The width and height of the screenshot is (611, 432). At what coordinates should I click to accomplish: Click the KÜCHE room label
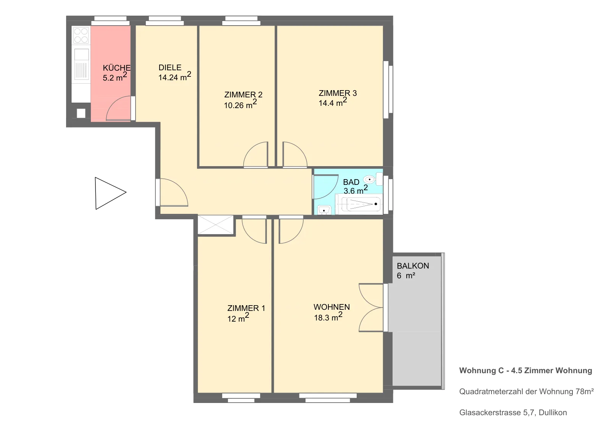point(116,68)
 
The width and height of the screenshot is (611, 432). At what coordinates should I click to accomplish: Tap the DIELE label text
point(170,67)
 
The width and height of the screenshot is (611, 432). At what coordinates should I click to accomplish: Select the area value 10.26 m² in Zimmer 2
point(240,104)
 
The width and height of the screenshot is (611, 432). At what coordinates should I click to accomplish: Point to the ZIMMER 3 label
point(338,93)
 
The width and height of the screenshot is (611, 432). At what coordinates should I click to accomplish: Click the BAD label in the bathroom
point(351,182)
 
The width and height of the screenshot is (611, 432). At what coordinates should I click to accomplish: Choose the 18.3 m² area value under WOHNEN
point(328,317)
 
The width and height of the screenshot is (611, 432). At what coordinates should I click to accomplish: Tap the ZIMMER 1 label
point(246,308)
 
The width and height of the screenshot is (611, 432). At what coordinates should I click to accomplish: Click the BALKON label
point(413,266)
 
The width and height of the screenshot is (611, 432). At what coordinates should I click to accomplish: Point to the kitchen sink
point(81,64)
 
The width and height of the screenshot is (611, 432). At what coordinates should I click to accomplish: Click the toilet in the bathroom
point(373,179)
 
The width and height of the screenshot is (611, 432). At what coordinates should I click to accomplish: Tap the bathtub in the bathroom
point(359,204)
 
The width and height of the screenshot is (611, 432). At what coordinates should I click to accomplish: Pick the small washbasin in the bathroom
point(324,210)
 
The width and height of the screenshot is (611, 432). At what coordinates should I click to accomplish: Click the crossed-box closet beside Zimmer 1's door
point(215,225)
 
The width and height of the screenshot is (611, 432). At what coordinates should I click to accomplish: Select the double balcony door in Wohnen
point(371,308)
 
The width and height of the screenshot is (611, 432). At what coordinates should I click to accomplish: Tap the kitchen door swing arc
point(118,108)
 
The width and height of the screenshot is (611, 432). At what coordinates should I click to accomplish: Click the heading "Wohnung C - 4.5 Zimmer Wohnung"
point(525,371)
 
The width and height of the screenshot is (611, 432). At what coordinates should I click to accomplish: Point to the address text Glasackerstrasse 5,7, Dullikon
point(513,413)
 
